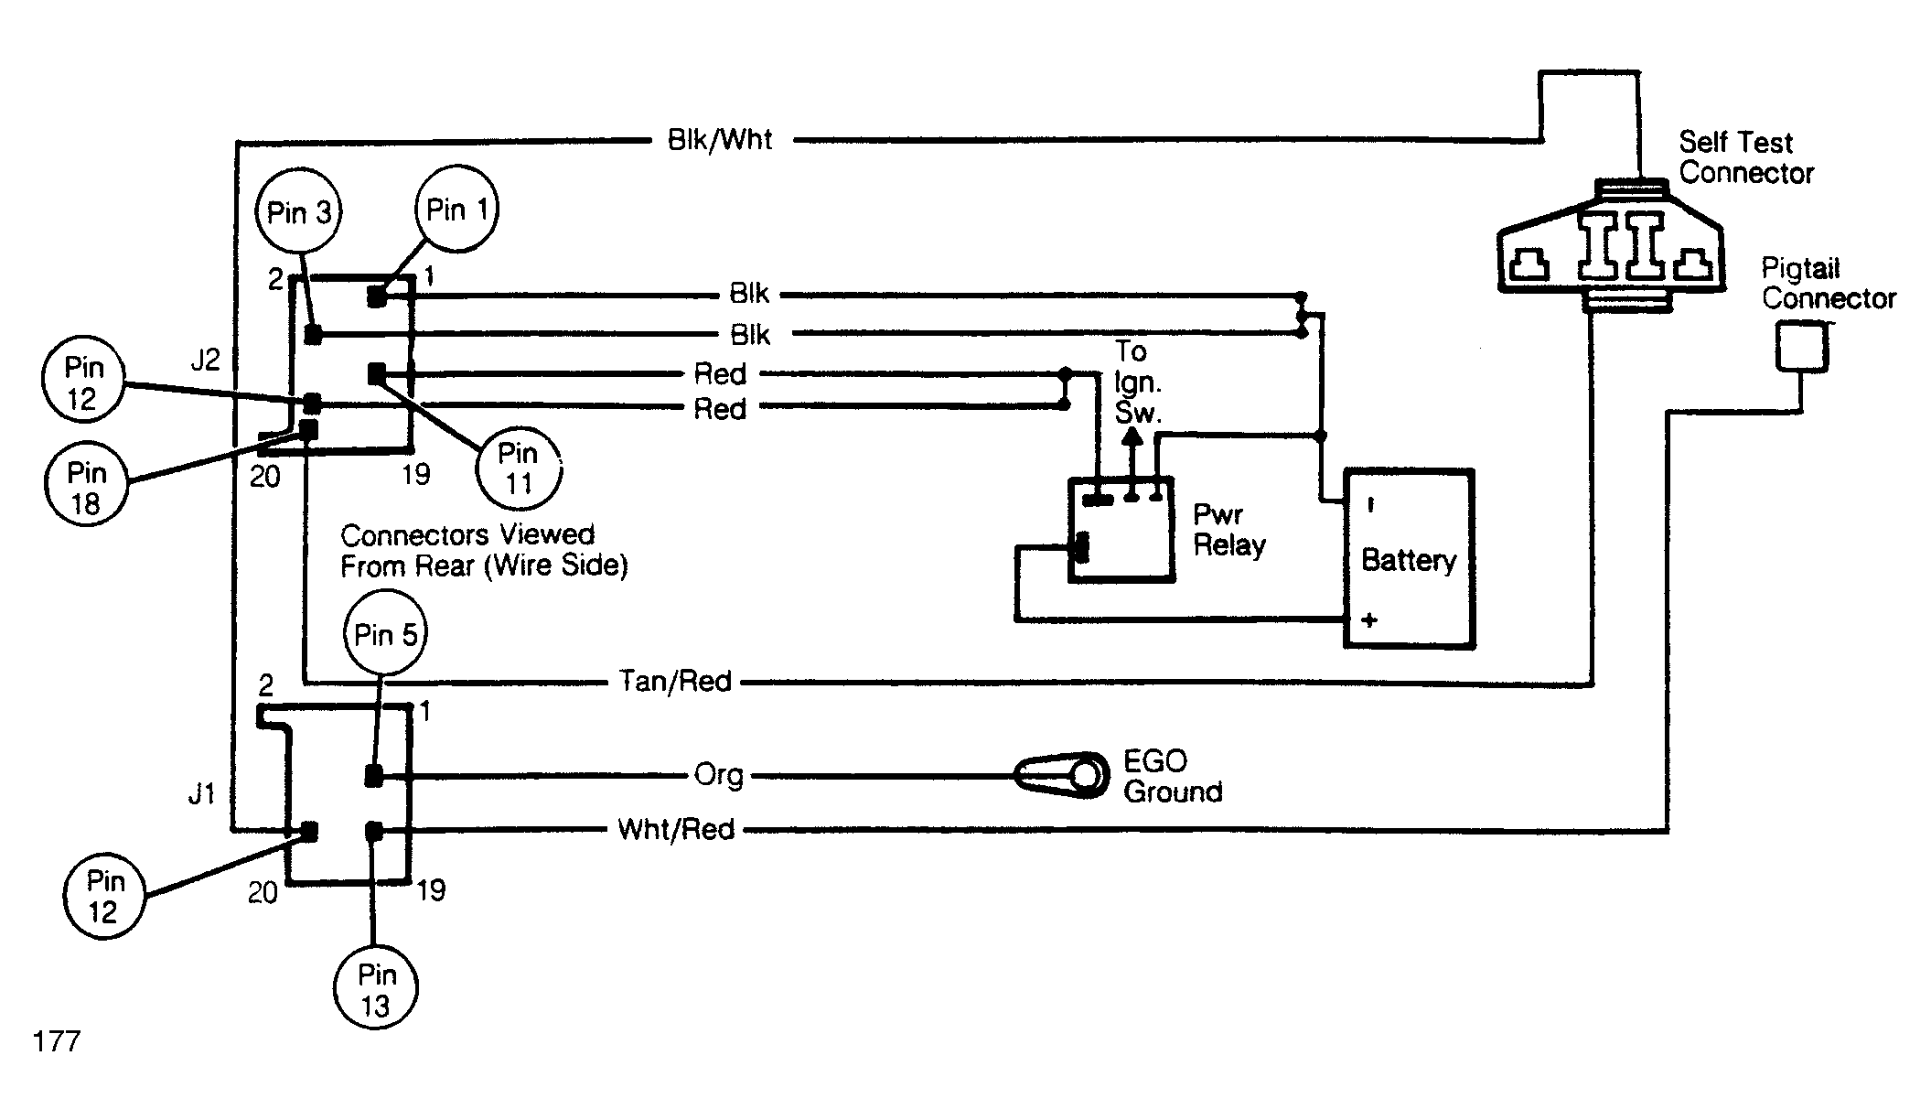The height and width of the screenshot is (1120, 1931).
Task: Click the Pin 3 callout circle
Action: [298, 212]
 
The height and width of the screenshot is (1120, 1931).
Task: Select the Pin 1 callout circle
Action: [457, 210]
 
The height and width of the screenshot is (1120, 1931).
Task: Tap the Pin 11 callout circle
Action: [518, 468]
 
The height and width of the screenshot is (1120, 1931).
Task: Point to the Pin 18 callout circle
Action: [86, 487]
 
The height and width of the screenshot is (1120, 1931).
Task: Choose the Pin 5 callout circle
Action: [386, 634]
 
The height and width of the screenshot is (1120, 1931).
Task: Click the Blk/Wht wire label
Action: [720, 140]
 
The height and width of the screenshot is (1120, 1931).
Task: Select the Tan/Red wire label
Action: [675, 682]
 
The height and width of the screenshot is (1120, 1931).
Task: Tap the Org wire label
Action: [719, 776]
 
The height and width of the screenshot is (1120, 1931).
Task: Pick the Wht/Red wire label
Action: [676, 830]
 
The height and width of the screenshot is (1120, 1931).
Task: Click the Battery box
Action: [1408, 559]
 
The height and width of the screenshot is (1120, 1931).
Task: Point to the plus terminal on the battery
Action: [1369, 620]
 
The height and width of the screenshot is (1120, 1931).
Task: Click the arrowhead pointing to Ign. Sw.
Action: [1132, 438]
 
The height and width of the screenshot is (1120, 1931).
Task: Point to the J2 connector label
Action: [205, 361]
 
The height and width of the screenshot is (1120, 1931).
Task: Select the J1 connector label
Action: [201, 794]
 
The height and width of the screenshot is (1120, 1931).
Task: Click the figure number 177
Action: [57, 1041]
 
